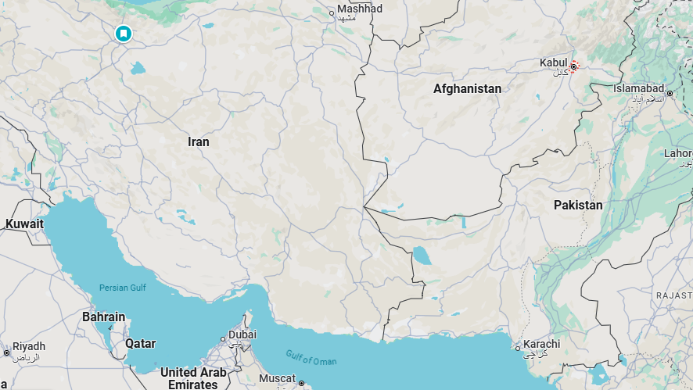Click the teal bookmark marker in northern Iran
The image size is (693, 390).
point(123,34)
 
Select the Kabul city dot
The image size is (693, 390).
point(573,66)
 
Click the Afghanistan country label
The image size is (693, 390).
point(467,89)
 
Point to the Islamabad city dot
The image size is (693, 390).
point(670,94)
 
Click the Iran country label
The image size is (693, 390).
point(199,142)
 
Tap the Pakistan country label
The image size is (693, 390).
point(578,205)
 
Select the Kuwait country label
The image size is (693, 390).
point(25,224)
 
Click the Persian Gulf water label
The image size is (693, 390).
point(122,288)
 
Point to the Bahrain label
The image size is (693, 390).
point(103,317)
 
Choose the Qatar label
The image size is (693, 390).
point(141,343)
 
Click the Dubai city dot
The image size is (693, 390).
point(224,339)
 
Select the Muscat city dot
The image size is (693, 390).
point(301,383)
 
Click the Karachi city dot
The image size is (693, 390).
point(517,349)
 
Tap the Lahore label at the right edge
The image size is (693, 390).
point(678,154)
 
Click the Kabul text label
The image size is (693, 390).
point(553,63)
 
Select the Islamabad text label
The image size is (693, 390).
point(638,88)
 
